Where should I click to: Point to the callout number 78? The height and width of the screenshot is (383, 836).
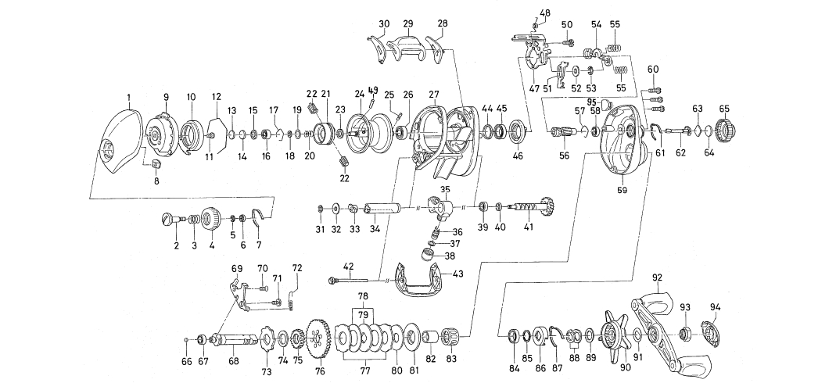tap(362, 297)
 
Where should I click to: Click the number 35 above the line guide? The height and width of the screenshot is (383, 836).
tap(445, 190)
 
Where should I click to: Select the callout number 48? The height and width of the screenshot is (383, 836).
tap(545, 13)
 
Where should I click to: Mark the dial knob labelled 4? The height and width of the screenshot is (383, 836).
tap(212, 218)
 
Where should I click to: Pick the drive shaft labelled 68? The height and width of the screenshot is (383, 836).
tap(235, 340)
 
